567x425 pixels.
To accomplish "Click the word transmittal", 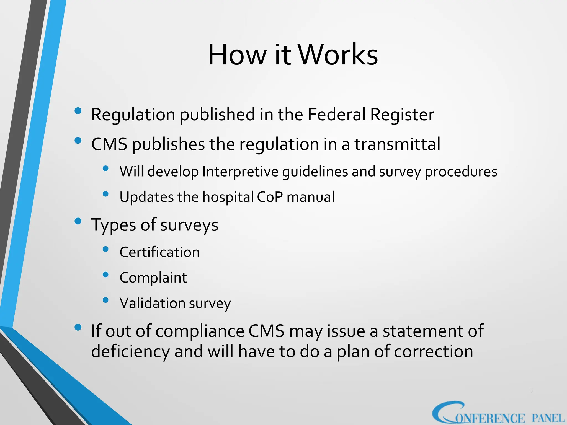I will click(x=397, y=144).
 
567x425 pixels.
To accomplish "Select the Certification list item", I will click(x=159, y=252).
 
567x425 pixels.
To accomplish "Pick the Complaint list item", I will click(x=153, y=278).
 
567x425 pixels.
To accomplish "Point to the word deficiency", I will click(x=130, y=352).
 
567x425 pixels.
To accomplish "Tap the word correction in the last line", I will click(x=433, y=351).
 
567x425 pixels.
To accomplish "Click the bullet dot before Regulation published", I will click(x=78, y=111).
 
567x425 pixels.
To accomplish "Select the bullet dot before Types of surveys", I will click(x=78, y=221).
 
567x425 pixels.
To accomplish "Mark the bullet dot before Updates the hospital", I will click(x=105, y=194).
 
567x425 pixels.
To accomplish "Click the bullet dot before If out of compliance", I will click(x=78, y=328).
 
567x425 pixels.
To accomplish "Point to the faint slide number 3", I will click(x=531, y=390).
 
